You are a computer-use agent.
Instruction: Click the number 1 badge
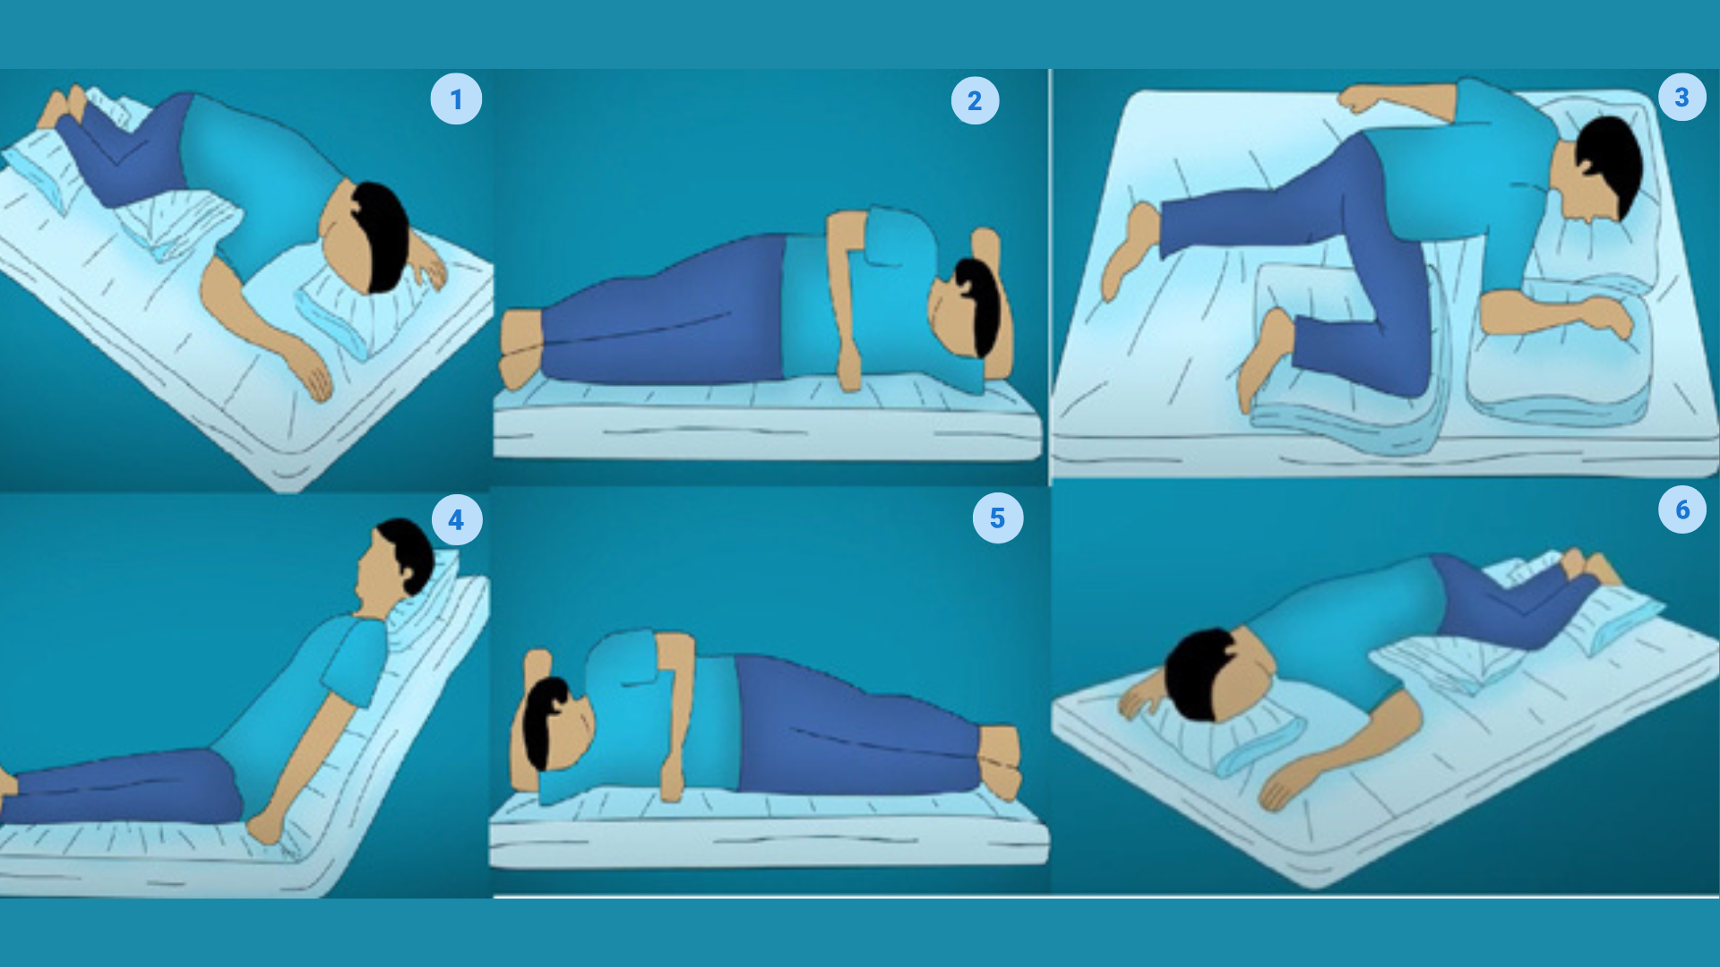pyautogui.click(x=456, y=98)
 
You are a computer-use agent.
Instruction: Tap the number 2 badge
pyautogui.click(x=975, y=100)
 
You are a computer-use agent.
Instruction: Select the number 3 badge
pyautogui.click(x=1681, y=97)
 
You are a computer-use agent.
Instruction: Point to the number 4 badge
pyautogui.click(x=456, y=519)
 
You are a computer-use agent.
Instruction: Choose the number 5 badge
pyautogui.click(x=997, y=518)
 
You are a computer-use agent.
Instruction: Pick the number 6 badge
pyautogui.click(x=1681, y=509)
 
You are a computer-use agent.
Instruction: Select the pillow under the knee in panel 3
pyautogui.click(x=1344, y=358)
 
